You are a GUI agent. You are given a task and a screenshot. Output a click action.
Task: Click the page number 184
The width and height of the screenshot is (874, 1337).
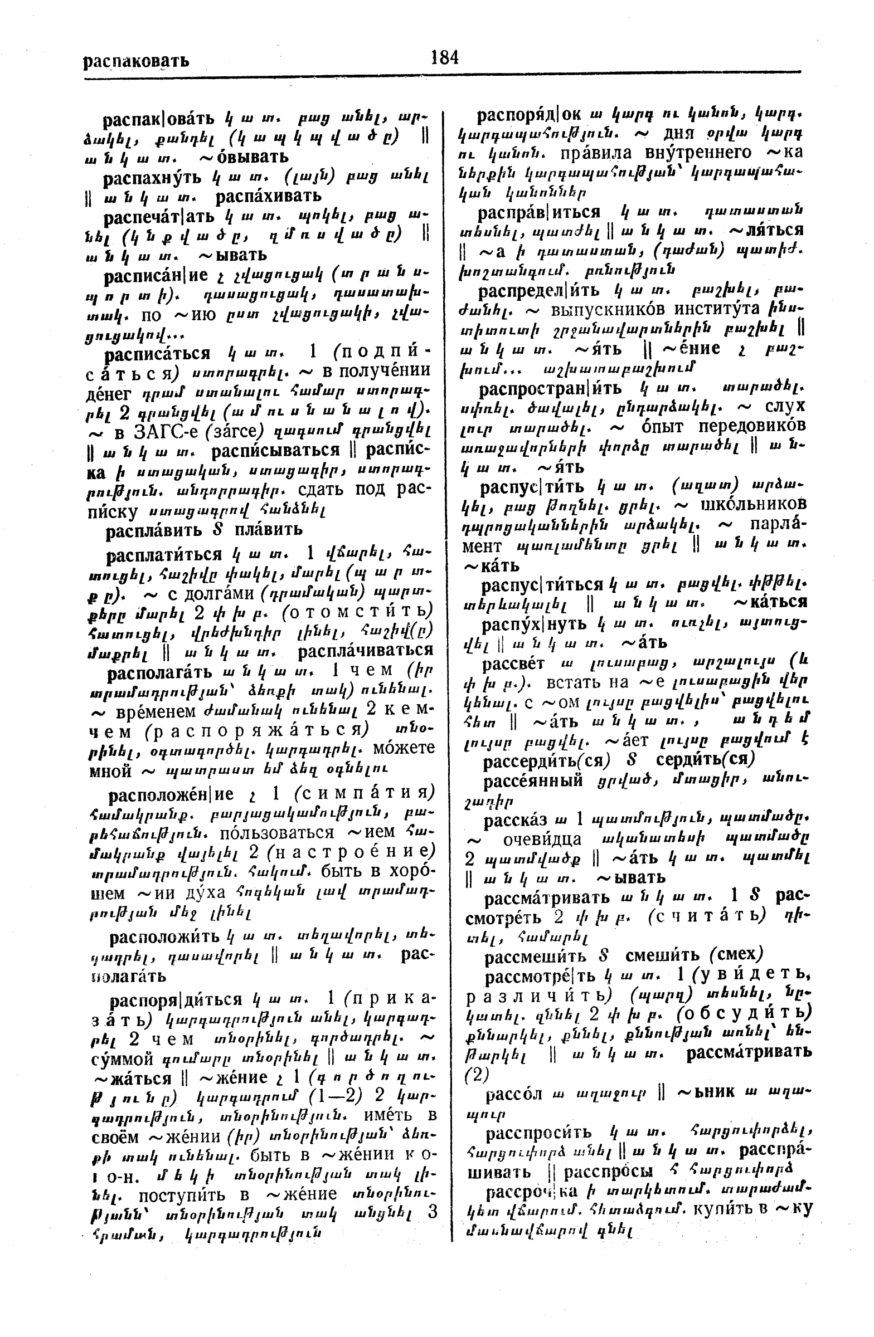tap(445, 57)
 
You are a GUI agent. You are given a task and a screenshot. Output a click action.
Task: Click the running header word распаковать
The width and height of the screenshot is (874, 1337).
tap(136, 61)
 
